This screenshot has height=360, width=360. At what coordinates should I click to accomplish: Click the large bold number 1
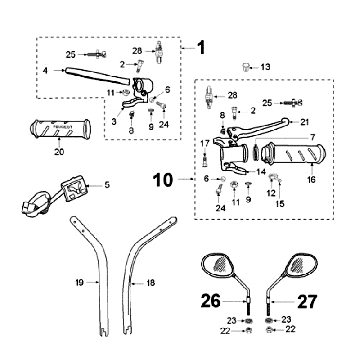(x=201, y=48)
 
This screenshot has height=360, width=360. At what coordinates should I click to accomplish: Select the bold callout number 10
(x=163, y=180)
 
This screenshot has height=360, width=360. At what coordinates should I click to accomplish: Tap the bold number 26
(x=211, y=301)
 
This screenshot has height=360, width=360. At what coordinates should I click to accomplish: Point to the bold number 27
(x=307, y=301)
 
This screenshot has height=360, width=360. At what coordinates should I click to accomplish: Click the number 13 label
(x=266, y=67)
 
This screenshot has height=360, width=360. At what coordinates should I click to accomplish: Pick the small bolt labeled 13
(x=246, y=67)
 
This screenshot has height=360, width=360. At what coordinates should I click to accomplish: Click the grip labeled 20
(x=60, y=129)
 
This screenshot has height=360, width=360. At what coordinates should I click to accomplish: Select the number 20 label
(x=59, y=152)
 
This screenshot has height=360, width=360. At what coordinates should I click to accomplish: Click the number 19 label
(x=79, y=283)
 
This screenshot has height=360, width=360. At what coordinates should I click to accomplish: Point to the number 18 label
(x=151, y=283)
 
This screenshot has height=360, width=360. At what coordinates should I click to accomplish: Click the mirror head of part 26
(x=219, y=266)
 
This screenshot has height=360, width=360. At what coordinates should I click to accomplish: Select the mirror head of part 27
(x=299, y=266)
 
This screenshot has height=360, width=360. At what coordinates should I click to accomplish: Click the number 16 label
(x=311, y=179)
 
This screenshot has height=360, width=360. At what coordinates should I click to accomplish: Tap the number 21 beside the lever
(x=304, y=122)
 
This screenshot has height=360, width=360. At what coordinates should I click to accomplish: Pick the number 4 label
(x=45, y=70)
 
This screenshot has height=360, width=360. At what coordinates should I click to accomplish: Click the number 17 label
(x=204, y=144)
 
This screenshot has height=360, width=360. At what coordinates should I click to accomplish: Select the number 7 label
(x=312, y=137)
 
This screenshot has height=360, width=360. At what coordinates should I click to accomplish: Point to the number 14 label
(x=261, y=172)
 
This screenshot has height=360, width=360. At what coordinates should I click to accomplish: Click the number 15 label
(x=280, y=204)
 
